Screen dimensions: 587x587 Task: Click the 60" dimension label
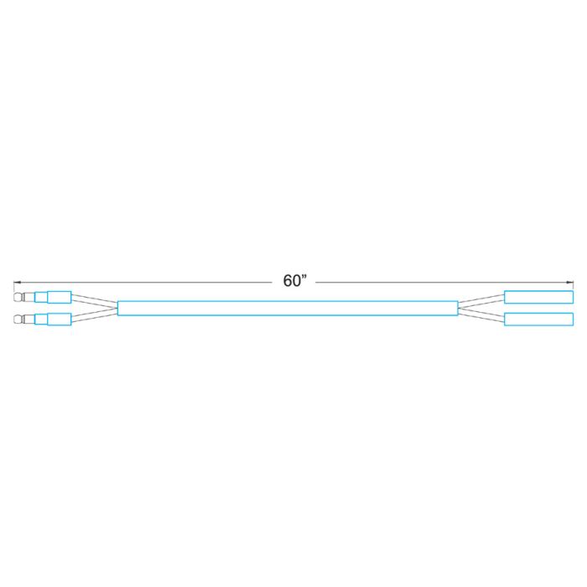pos(294,281)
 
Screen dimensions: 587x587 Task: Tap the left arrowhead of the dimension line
pos(17,283)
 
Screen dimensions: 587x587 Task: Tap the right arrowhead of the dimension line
pos(570,283)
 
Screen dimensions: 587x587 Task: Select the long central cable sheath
pos(288,308)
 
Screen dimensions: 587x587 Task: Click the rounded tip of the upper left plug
pos(18,297)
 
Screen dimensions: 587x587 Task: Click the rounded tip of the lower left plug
pos(18,319)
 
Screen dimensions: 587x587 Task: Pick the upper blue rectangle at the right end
pos(538,297)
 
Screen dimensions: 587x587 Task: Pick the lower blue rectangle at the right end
pos(538,319)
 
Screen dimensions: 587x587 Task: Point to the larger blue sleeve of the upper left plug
pos(60,297)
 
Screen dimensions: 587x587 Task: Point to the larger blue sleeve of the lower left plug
pos(60,319)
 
